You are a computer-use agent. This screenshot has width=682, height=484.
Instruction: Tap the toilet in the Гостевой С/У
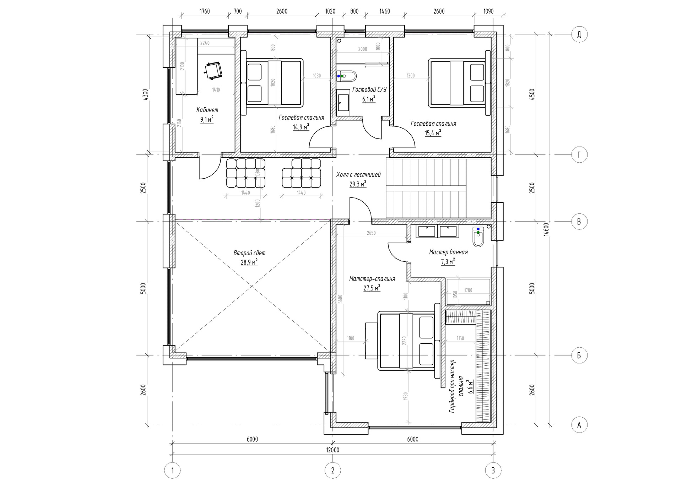coord(346,76)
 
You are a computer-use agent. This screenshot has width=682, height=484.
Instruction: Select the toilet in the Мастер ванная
coord(478,237)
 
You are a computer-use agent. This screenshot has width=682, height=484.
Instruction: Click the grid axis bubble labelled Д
coord(579,34)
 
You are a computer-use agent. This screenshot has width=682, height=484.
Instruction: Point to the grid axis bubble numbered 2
coord(333,471)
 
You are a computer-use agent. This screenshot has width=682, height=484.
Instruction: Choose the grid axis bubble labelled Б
coord(579,355)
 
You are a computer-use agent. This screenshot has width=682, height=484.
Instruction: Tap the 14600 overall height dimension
coord(546,229)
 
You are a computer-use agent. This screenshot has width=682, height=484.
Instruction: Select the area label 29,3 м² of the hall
coord(358,184)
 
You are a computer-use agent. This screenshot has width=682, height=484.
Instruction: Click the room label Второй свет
coord(249,253)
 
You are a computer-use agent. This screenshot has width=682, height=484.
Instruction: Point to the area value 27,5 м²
coord(372,288)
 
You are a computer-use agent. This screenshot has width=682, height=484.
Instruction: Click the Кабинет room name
coord(207,110)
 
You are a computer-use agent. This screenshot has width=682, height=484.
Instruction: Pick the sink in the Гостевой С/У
coord(343,102)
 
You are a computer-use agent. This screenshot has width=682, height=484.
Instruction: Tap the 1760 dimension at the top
coord(205,11)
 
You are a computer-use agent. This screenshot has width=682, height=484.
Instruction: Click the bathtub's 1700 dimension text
coord(468,290)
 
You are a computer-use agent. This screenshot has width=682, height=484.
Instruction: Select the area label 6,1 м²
coord(369,99)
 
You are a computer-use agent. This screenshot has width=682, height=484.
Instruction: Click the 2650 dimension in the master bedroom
coord(371,233)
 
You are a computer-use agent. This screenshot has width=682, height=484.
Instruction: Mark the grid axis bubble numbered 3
coord(493,471)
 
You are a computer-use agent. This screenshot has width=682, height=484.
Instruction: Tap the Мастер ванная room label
coord(448,252)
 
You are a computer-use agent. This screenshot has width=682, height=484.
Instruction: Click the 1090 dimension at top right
coord(488,11)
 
